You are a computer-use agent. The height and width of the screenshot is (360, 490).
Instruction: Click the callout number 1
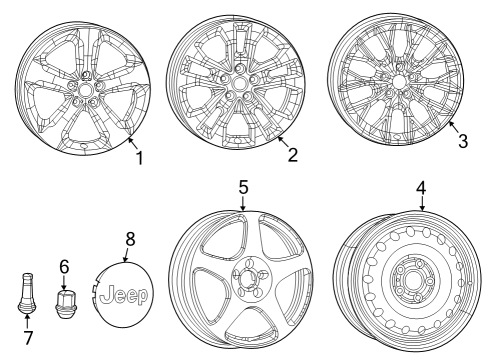click(x=140, y=158)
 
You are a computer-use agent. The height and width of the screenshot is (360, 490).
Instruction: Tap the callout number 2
click(x=292, y=155)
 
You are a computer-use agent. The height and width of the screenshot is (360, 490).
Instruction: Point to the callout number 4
click(x=421, y=187)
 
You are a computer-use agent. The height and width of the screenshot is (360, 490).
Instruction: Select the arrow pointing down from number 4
click(x=421, y=204)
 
